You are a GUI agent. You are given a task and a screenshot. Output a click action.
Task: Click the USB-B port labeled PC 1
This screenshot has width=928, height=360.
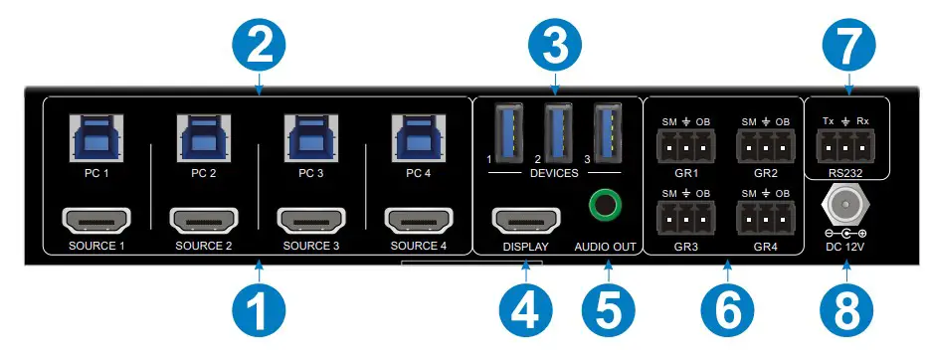[x=95, y=136]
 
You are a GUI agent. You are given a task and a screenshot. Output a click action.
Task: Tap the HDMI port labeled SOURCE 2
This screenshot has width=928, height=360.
[x=204, y=219]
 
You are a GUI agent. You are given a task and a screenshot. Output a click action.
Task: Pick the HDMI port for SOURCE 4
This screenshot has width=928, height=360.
[x=419, y=219]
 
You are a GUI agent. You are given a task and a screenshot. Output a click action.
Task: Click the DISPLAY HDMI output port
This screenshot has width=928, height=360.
[x=525, y=219]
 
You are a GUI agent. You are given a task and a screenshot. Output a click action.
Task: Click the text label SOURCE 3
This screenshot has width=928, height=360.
[x=311, y=246]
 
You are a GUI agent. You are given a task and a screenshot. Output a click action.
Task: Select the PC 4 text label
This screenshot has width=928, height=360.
[x=419, y=171]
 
